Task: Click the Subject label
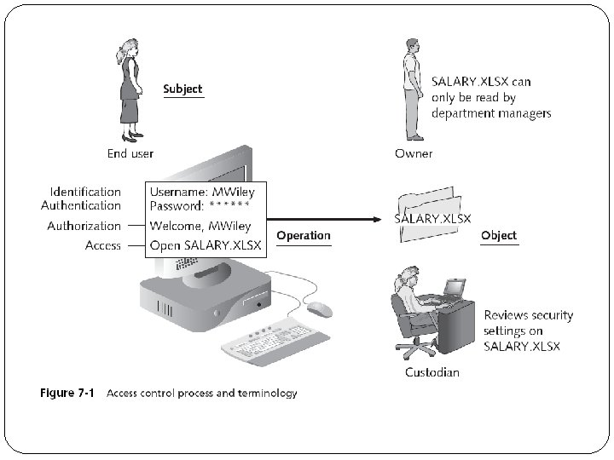click(x=182, y=89)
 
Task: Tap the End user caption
click(x=130, y=153)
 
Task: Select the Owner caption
click(x=414, y=153)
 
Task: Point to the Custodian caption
click(x=432, y=372)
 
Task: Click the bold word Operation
click(x=304, y=235)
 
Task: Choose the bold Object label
click(x=499, y=235)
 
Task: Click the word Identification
click(x=85, y=192)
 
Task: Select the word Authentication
click(x=81, y=205)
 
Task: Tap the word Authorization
click(x=84, y=226)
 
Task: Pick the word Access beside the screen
click(x=102, y=245)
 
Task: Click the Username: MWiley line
click(x=202, y=192)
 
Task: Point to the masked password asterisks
click(x=229, y=206)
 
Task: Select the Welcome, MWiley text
click(x=200, y=226)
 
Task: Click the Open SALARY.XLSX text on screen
click(x=206, y=245)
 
